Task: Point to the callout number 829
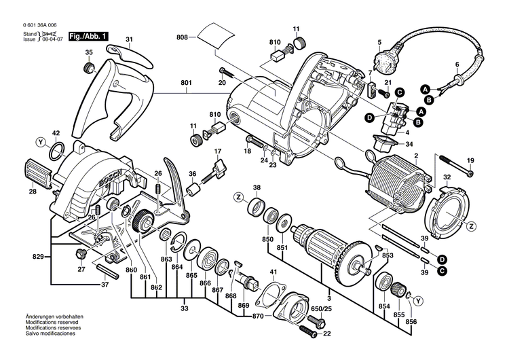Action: pyautogui.click(x=39, y=257)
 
